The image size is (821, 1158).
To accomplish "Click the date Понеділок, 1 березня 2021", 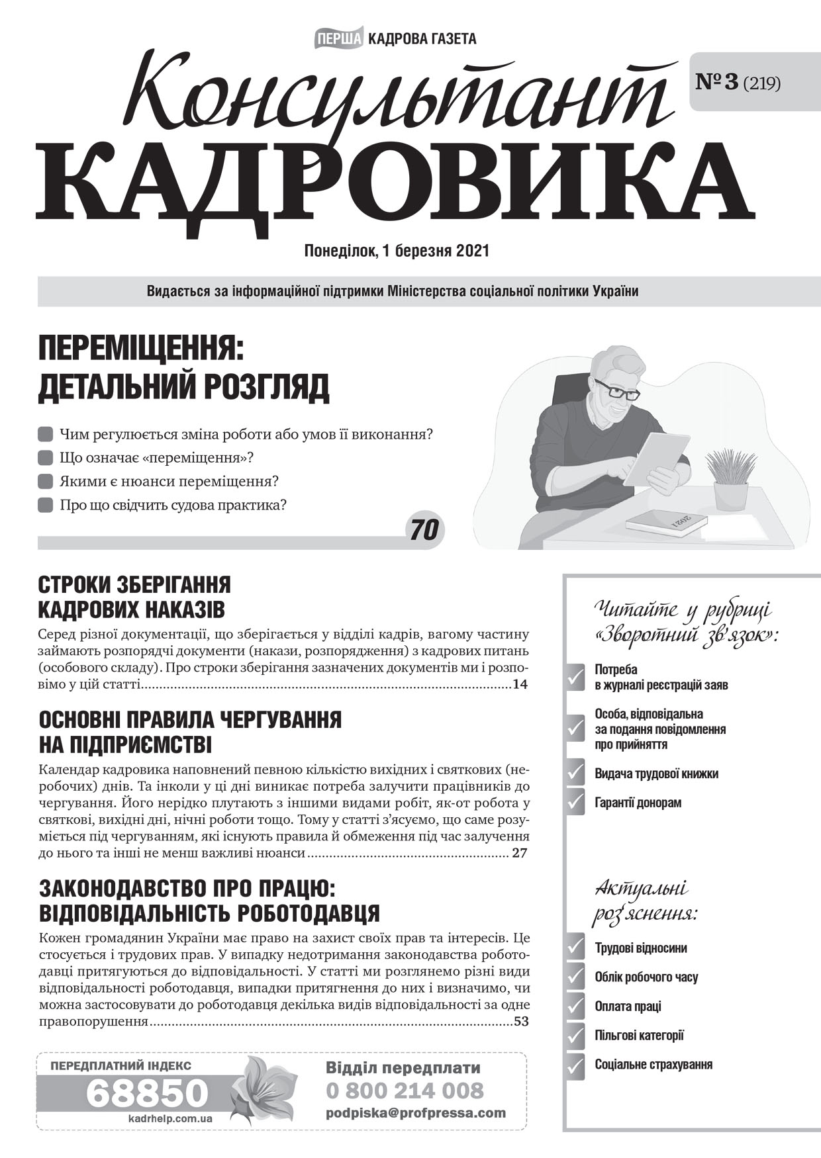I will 396,251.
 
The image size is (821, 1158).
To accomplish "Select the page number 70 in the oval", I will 424,530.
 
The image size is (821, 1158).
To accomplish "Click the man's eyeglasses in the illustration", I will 618,390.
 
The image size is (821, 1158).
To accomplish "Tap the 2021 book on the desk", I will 667,522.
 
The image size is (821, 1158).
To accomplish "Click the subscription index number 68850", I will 147,1092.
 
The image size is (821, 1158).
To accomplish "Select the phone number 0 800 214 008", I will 405,1091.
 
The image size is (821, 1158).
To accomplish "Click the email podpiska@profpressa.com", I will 415,1113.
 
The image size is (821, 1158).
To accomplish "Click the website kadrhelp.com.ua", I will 170,1118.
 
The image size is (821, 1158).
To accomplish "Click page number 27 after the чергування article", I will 519,853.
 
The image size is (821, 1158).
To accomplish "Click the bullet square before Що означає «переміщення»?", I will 45,458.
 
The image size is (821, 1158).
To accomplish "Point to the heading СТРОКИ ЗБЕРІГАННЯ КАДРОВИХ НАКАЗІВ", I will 134,597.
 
